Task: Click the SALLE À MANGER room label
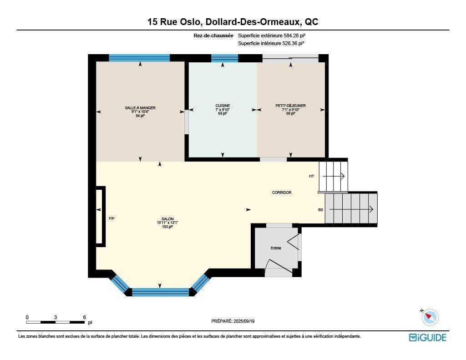click(x=140, y=108)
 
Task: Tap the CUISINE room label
click(x=223, y=106)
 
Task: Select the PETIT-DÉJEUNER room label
click(x=290, y=106)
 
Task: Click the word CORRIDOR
click(x=282, y=193)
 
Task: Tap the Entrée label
click(x=276, y=248)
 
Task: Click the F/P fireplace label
click(x=111, y=218)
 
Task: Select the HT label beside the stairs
click(x=311, y=176)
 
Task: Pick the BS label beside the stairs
click(x=320, y=210)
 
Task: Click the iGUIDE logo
click(x=427, y=337)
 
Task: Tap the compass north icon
click(x=430, y=317)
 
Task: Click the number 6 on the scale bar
click(x=84, y=317)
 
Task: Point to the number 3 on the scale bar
click(x=56, y=317)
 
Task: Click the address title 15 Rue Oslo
click(x=233, y=22)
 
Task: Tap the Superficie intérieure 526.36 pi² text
click(x=271, y=44)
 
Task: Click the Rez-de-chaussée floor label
click(x=213, y=35)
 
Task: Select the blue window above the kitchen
click(x=225, y=58)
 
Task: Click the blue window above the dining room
click(x=139, y=58)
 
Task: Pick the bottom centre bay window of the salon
click(x=160, y=292)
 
